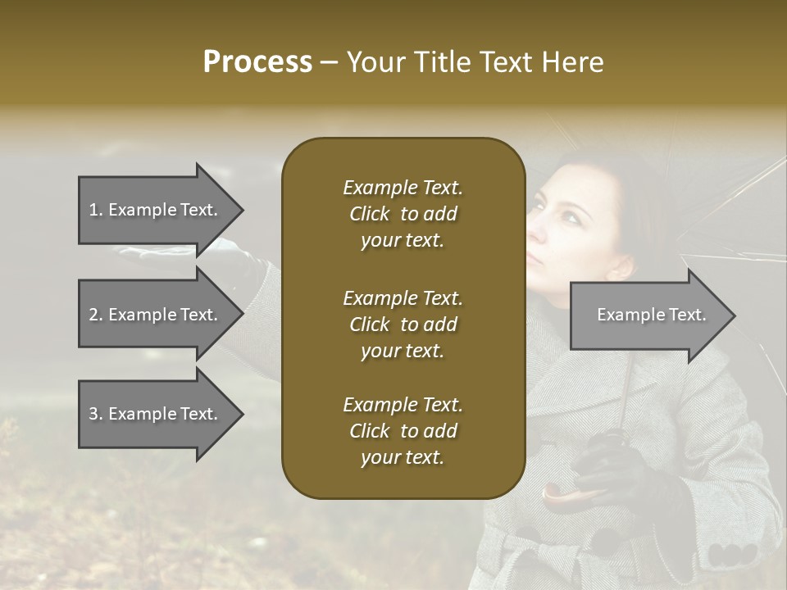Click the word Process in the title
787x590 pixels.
pos(257,62)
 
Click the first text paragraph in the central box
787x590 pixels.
pos(403,214)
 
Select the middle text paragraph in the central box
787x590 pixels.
pos(403,324)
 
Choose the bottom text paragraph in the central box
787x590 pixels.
pos(403,431)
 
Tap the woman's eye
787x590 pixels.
pos(565,216)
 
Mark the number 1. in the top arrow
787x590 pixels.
pos(95,210)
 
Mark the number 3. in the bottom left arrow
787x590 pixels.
pos(95,414)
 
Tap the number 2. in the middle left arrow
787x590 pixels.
pos(95,315)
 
